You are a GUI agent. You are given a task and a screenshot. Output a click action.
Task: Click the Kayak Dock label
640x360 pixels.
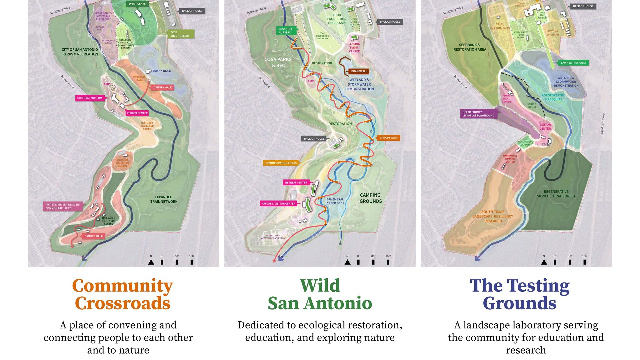coord(162,71)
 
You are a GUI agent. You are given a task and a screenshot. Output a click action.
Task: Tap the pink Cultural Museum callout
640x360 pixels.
coord(90,98)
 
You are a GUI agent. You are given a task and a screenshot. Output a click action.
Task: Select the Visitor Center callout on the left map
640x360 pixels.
coord(137,113)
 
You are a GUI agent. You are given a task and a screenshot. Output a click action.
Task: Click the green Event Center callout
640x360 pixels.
coord(138,4)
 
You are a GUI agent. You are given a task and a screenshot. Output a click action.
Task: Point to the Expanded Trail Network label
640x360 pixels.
coord(164,199)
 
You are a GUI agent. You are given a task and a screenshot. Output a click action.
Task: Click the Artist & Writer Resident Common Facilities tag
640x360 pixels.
coord(63,206)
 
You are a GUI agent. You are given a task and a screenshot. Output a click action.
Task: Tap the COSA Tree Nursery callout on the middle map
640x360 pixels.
coord(285,31)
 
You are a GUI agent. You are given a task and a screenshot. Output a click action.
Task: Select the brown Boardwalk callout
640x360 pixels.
coord(359,71)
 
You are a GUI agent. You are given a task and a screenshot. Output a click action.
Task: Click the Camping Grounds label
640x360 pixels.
coord(370,198)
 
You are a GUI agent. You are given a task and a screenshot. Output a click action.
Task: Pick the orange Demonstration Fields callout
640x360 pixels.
coord(281,163)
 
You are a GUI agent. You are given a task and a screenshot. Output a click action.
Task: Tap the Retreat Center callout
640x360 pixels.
coord(296,183)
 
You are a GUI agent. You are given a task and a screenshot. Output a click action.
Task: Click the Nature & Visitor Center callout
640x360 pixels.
coord(278,204)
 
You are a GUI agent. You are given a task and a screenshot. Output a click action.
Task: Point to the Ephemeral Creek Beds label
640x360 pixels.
coord(335,201)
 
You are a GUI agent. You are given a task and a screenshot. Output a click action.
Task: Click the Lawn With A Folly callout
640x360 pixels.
coord(573,63)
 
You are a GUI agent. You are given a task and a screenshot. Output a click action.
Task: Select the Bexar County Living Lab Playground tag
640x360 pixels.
coord(478,114)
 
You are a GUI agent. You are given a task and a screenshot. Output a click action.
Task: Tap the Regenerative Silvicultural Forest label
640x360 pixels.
coord(556,194)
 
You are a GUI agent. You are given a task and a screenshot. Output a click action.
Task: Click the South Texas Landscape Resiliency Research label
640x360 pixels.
coord(493,216)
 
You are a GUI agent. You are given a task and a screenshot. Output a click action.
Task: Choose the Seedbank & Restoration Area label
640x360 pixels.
coord(469,47)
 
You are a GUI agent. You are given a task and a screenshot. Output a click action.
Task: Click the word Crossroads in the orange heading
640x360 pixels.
coord(122,303)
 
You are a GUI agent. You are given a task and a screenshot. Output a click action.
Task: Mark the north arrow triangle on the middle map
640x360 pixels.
coord(347,262)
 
